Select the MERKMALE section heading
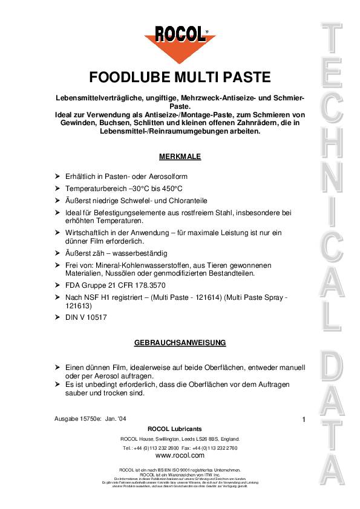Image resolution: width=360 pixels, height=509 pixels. (180, 156)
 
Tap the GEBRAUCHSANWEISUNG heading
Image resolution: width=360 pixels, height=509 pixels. (180, 343)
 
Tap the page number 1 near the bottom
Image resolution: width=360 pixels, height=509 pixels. (303, 419)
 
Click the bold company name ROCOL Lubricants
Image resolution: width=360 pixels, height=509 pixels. (180, 429)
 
